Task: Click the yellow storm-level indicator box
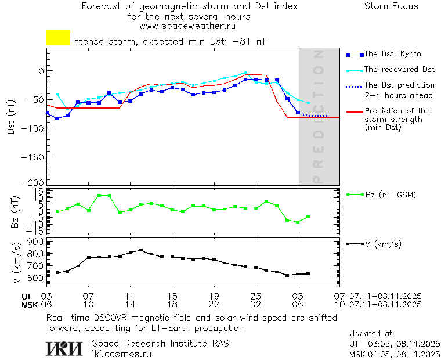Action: click(x=58, y=38)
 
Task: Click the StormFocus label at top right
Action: click(x=391, y=6)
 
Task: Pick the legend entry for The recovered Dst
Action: click(x=399, y=69)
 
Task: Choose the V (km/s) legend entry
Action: click(x=382, y=244)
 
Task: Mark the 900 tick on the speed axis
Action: click(x=37, y=242)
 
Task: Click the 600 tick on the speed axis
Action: click(x=37, y=278)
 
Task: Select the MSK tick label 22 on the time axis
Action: click(x=214, y=304)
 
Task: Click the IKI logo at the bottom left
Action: click(x=64, y=348)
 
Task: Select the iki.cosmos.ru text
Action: click(x=122, y=354)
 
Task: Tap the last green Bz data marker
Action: click(x=308, y=217)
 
